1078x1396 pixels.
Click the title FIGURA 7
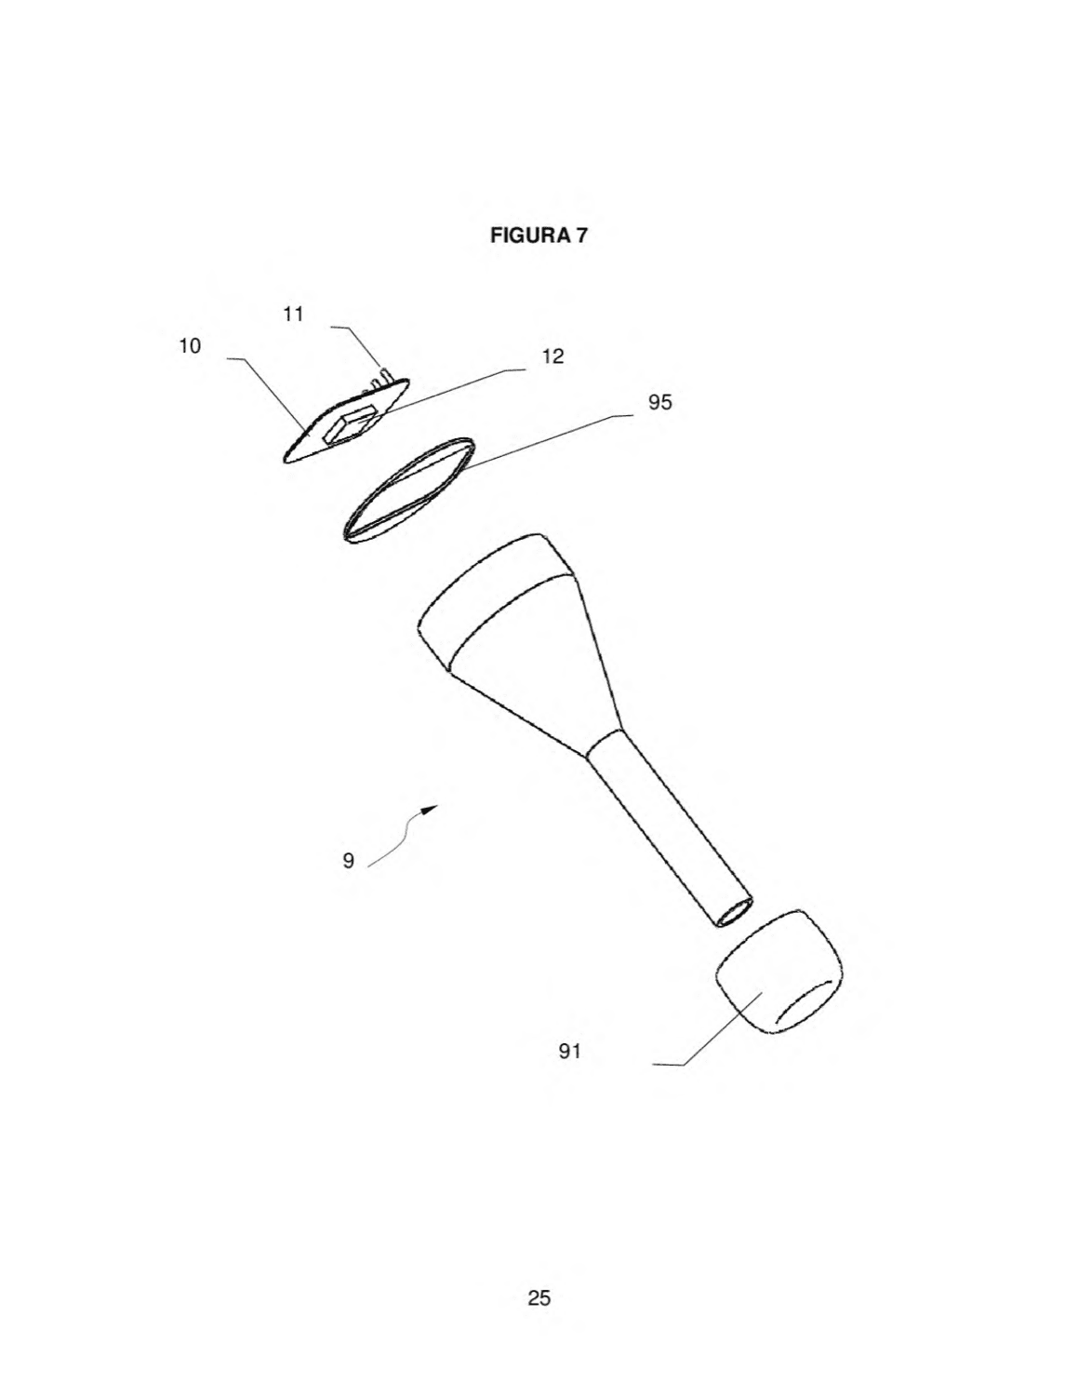click(x=538, y=235)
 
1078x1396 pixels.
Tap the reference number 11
click(x=293, y=315)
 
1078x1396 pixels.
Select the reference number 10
click(x=190, y=346)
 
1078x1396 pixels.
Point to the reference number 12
click(x=552, y=356)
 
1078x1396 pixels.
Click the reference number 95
click(x=660, y=402)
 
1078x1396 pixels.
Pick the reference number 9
click(x=349, y=861)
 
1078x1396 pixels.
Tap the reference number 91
click(x=569, y=1052)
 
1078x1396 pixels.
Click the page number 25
click(x=539, y=1297)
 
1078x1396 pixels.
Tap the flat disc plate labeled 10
click(x=346, y=420)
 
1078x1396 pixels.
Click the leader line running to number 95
click(x=546, y=441)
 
